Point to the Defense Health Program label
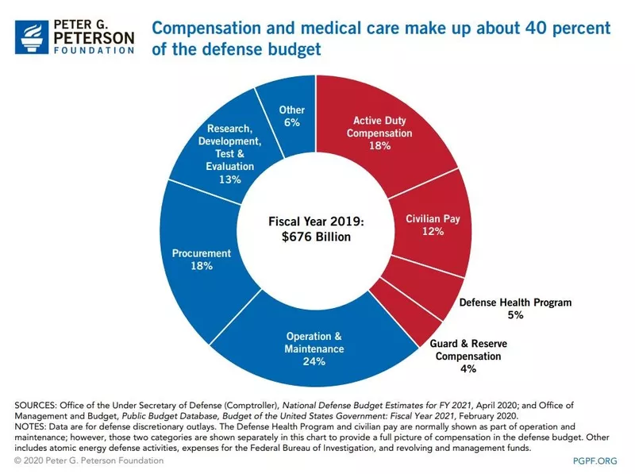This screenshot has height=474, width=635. tap(515, 303)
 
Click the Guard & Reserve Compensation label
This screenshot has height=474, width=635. tap(468, 350)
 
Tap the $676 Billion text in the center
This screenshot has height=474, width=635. tap(315, 237)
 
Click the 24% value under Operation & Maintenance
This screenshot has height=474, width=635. tap(314, 362)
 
